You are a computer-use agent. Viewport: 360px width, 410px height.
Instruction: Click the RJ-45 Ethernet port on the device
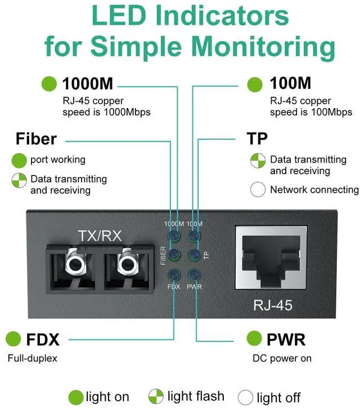[271, 258]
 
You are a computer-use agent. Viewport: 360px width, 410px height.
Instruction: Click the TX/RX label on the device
[100, 236]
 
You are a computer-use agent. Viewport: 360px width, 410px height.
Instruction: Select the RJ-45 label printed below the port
[273, 305]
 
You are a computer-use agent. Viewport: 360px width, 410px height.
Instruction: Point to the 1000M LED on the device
[174, 236]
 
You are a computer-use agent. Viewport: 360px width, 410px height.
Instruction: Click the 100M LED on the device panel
[194, 236]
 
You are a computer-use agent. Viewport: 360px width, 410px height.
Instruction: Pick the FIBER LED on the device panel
[174, 255]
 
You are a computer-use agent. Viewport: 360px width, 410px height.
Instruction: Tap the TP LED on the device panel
[194, 255]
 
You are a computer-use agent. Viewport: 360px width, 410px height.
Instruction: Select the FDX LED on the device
[174, 275]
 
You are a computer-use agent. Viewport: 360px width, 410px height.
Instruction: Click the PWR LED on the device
[194, 275]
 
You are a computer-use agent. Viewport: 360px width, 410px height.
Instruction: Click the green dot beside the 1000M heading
[49, 84]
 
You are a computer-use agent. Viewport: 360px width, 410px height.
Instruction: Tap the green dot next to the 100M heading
[255, 84]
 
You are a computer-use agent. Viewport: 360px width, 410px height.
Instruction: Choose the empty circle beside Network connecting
[258, 190]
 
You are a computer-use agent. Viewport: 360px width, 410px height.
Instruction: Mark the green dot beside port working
[19, 160]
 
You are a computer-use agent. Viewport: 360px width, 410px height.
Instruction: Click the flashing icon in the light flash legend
[156, 396]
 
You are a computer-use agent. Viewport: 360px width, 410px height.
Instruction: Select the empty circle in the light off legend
[245, 398]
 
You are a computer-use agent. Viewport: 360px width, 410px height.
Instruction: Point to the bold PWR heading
[286, 340]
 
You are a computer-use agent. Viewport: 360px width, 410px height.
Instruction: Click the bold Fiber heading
[36, 138]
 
